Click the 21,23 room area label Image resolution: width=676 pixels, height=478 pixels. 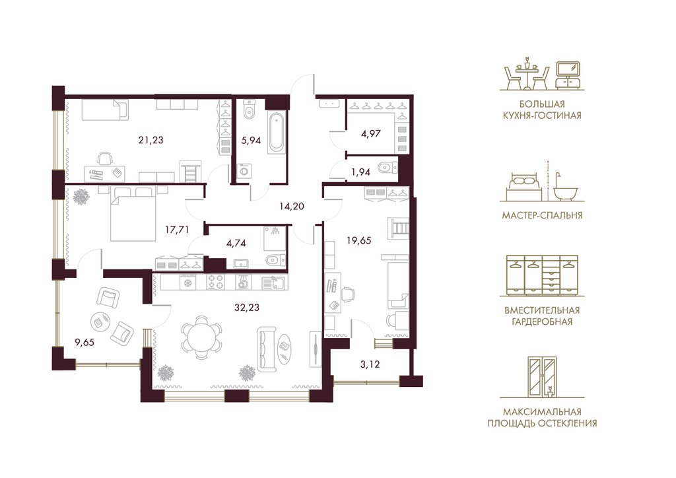tap(151, 140)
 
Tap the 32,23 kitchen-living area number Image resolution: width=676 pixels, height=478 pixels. tap(247, 307)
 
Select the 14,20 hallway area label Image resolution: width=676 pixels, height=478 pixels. tap(291, 207)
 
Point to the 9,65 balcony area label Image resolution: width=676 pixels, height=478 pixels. tap(84, 343)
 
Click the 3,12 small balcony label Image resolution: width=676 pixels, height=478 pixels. tap(370, 364)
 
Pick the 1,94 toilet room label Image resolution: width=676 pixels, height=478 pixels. tap(361, 172)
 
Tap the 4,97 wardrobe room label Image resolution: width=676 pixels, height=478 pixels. tap(371, 133)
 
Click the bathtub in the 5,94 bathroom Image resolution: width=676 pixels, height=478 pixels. tap(277, 132)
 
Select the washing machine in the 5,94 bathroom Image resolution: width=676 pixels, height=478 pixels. tap(244, 172)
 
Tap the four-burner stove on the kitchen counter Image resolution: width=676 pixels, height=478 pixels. tap(216, 282)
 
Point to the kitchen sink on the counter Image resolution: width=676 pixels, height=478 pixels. tap(273, 283)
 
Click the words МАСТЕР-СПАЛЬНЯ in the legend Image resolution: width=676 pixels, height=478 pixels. tap(542, 215)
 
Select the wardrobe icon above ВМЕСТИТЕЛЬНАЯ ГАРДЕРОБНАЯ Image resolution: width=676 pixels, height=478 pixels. tap(542, 275)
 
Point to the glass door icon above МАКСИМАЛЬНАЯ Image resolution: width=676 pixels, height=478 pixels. tap(542, 376)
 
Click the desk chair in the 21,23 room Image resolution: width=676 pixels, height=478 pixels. tap(104, 158)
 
